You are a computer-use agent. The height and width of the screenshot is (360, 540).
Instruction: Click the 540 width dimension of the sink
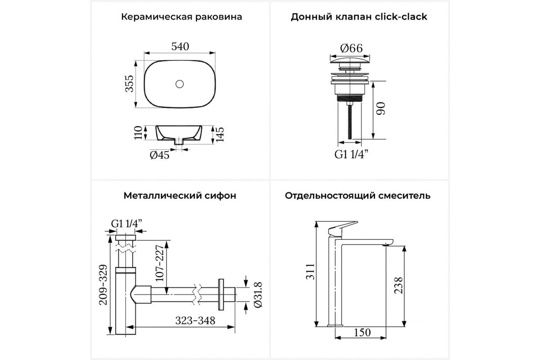[x=180, y=46]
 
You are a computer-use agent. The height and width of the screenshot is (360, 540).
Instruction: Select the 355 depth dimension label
[x=130, y=84]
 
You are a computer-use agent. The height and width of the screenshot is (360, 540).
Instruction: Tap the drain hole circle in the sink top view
[x=180, y=84]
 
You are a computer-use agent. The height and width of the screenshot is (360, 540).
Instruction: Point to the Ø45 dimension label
[x=159, y=155]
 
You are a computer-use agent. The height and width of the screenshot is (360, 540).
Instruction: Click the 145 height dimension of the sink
[x=220, y=135]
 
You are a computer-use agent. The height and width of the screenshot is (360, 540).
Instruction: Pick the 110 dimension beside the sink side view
[x=139, y=133]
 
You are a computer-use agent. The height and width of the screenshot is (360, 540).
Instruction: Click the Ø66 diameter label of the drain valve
[x=351, y=48]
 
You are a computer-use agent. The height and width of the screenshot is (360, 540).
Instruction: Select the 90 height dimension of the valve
[x=381, y=108]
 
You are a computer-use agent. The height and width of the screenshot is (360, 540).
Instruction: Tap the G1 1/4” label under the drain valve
[x=351, y=154]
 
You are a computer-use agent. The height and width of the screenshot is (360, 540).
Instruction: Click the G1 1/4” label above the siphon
[x=126, y=224]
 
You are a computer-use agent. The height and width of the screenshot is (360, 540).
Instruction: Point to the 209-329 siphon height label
[x=103, y=285]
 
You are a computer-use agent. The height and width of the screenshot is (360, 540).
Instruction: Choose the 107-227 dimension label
[x=159, y=263]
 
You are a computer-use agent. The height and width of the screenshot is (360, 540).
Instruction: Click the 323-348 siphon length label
[x=195, y=320]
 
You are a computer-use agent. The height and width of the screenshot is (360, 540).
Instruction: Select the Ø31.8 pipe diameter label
[x=258, y=295]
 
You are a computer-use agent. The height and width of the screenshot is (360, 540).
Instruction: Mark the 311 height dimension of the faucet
[x=310, y=272]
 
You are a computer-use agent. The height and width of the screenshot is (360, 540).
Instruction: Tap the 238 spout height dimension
[x=398, y=285]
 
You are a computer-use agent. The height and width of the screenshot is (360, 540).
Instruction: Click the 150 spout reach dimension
[x=362, y=333]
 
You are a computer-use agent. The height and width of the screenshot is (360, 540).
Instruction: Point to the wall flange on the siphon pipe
[x=221, y=294]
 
